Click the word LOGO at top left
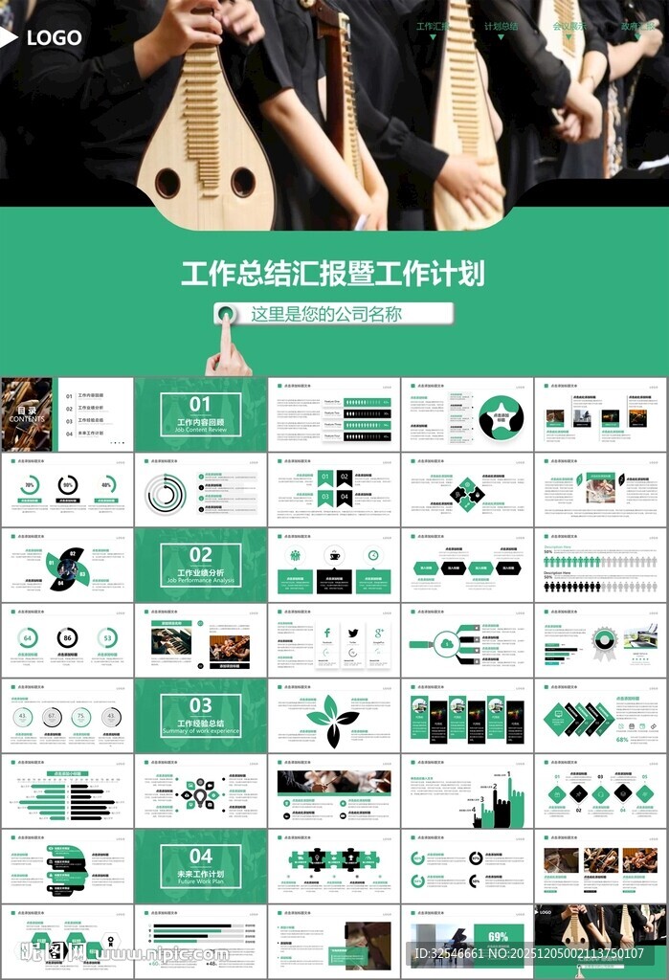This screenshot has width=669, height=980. pos(55,39)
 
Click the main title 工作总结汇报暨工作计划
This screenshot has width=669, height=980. pos(333,273)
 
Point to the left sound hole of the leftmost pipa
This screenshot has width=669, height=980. pos(167,182)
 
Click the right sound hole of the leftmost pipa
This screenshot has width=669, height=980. pos(243,181)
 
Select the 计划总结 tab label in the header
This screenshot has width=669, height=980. pos(501,27)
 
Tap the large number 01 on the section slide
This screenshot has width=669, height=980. pos(200,404)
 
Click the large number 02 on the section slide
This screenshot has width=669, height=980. pos(200,554)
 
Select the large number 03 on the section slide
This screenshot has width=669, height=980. pos(200,705)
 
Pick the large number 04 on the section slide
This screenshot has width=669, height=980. pos(200,856)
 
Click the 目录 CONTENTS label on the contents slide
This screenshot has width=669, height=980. pos(27,414)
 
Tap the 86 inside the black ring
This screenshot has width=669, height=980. pos(67,637)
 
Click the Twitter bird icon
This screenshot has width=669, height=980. pos(353,633)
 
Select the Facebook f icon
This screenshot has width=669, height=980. pos(326,633)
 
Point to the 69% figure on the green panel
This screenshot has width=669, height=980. pos(499,937)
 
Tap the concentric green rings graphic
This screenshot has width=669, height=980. pos(166,494)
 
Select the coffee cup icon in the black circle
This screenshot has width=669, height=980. pos(334,555)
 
